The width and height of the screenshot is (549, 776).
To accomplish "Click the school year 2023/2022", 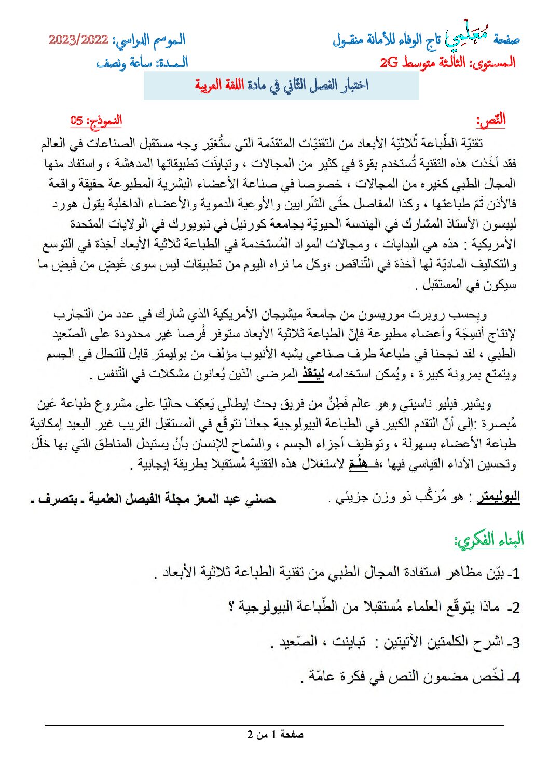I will click(78, 40).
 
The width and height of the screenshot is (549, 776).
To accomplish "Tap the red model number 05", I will click(77, 121).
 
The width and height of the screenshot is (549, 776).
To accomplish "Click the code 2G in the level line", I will click(389, 63).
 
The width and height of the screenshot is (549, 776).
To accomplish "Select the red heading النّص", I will click(491, 121).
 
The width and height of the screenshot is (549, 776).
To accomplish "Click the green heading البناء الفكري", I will click(489, 540).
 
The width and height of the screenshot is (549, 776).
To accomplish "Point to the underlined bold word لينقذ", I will click(313, 374).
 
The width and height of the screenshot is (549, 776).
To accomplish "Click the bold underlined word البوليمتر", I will click(498, 498).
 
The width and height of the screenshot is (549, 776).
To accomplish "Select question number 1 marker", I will click(514, 573).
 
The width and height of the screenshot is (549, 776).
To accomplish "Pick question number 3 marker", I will click(513, 643).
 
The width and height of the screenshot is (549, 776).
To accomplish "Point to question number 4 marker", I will click(513, 678).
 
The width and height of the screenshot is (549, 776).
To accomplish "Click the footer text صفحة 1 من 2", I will click(275, 735).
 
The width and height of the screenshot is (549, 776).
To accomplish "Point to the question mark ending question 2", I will click(232, 606).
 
